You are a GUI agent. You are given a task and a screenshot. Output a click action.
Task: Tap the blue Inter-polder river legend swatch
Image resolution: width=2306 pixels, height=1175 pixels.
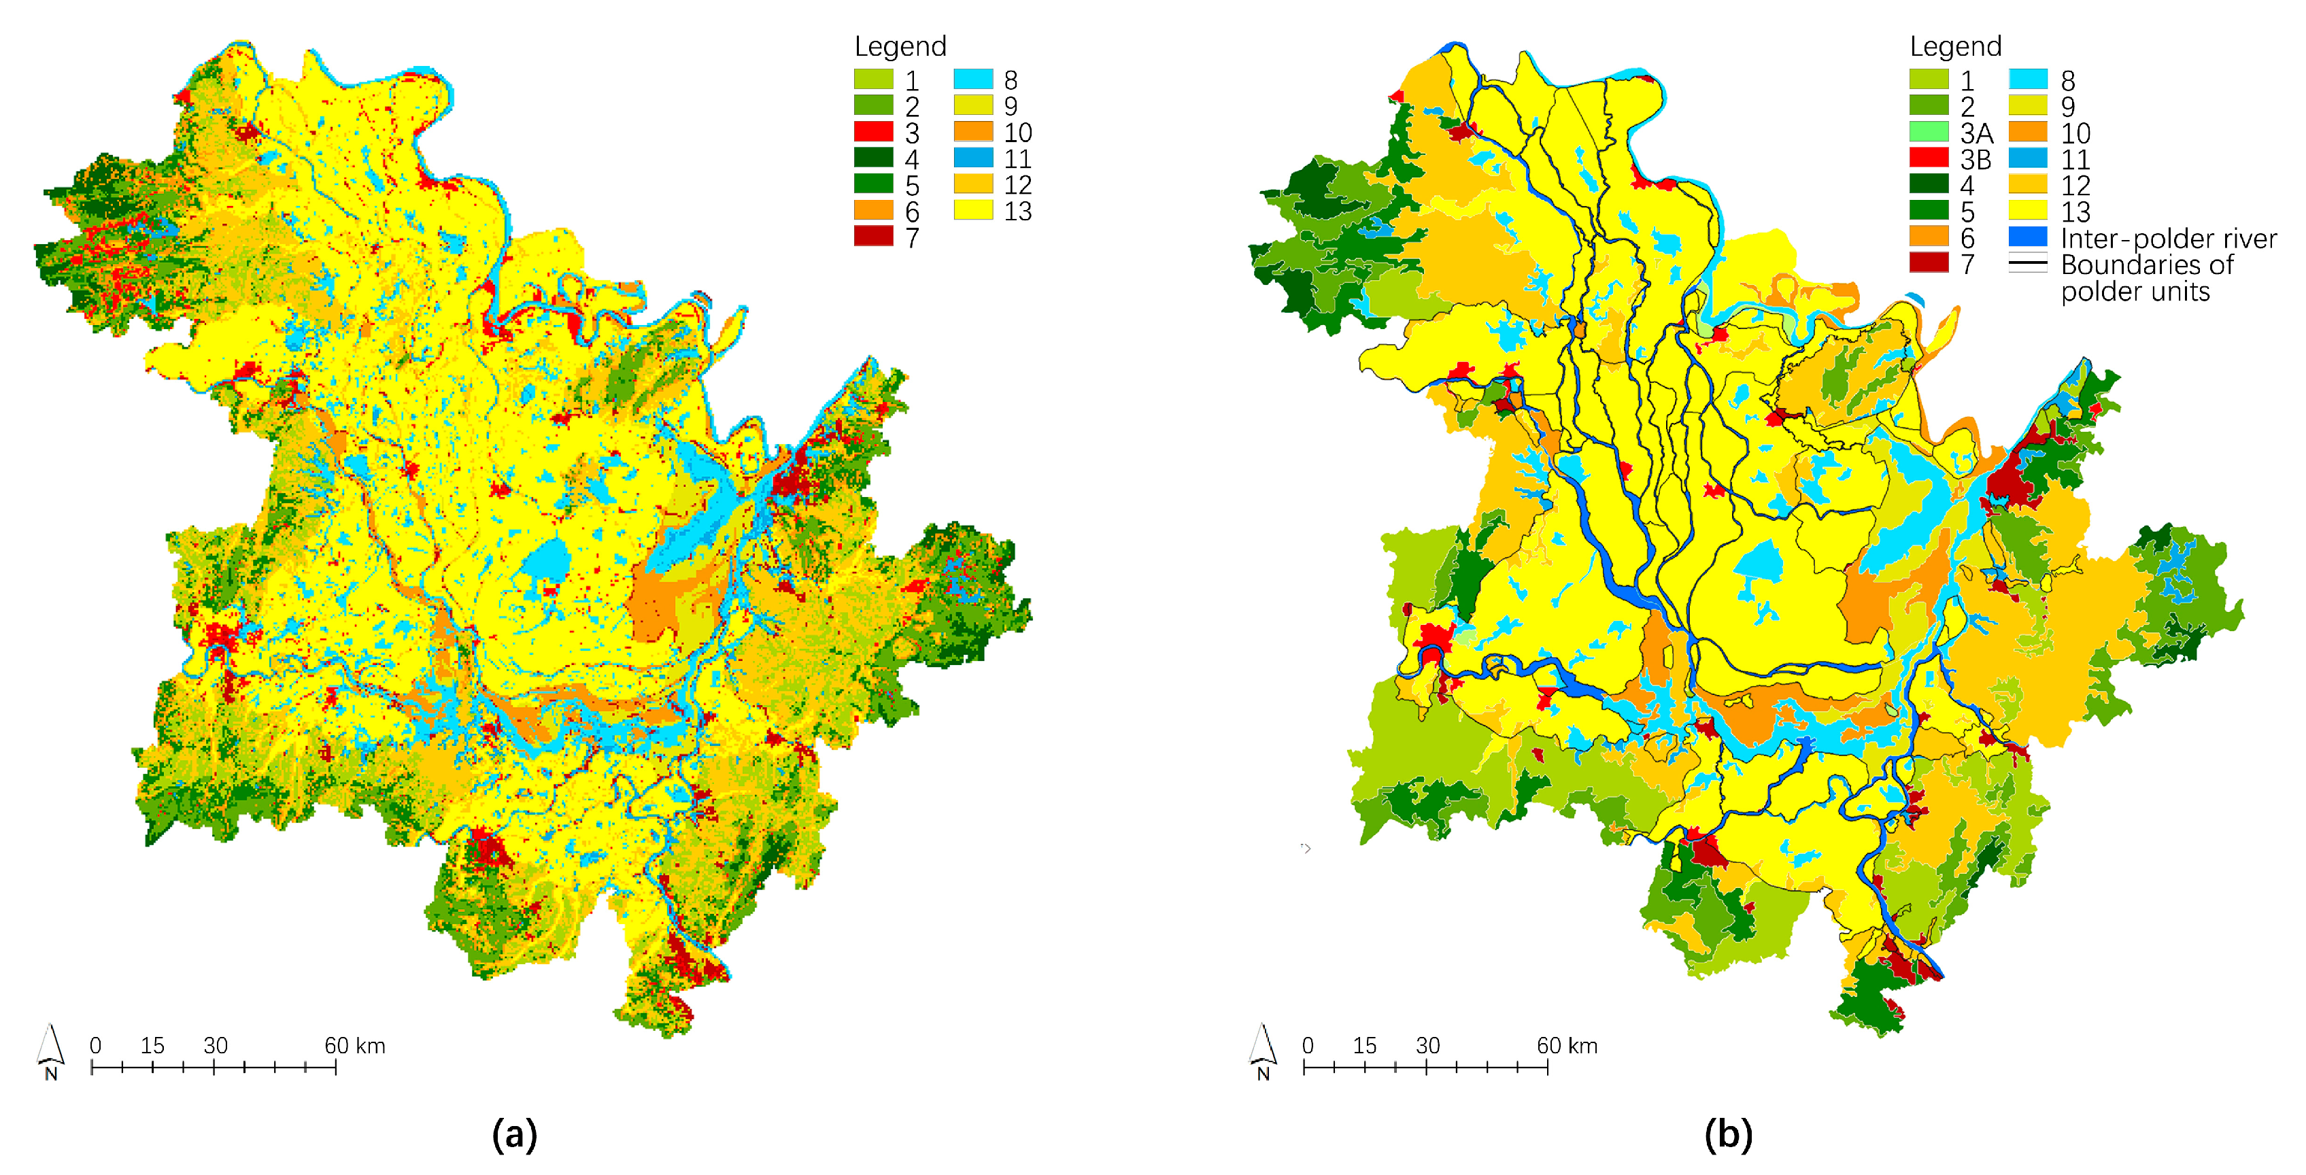tap(2028, 238)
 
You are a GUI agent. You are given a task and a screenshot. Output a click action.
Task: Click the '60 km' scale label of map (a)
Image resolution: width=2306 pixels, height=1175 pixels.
tap(354, 1045)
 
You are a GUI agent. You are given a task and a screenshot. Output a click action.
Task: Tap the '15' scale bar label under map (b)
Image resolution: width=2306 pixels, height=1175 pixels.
tap(1364, 1045)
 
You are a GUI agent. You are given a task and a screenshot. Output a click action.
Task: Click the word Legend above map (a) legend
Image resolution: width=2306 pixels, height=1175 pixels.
tap(900, 46)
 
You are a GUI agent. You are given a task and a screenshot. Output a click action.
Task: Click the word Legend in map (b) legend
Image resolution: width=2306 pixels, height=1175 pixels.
tap(1955, 46)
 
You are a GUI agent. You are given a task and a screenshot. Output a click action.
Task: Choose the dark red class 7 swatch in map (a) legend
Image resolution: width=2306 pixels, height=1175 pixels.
tap(872, 237)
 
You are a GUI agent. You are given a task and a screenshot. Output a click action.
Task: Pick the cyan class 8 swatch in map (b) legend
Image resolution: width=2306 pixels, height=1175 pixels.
tap(2028, 80)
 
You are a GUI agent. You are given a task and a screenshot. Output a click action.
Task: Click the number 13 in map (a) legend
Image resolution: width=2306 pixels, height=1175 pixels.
tap(1018, 211)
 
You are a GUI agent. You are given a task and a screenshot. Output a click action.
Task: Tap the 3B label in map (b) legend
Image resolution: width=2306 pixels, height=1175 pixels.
tap(1976, 159)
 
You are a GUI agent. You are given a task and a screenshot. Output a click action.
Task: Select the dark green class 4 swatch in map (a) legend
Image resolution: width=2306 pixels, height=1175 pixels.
tap(872, 158)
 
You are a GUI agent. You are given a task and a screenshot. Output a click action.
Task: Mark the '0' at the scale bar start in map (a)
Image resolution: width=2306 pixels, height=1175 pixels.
tap(95, 1045)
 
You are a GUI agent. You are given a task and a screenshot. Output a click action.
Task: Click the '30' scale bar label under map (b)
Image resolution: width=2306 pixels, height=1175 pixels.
tap(1427, 1045)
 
